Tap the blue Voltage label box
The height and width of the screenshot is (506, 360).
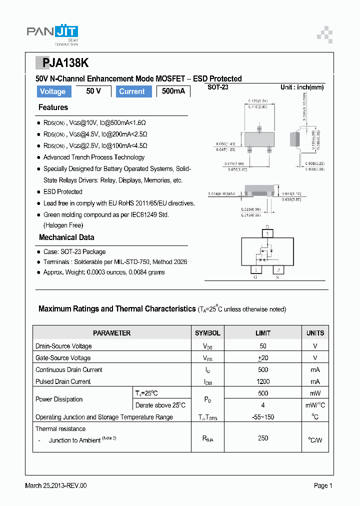pos(53,91)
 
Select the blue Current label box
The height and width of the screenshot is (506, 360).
pos(132,91)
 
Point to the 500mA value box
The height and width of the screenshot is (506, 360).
pos(173,91)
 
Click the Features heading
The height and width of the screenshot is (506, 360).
pos(53,107)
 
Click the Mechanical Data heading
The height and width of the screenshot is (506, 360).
pos(66,237)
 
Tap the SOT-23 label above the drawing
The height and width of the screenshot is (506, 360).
pos(218,87)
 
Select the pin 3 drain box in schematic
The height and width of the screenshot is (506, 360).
pos(267,233)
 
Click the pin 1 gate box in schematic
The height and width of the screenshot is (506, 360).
pos(255,270)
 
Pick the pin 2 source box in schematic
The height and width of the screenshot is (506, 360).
pos(279,270)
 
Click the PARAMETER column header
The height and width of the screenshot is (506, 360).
pos(112,333)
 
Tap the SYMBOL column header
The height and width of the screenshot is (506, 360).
pos(207,333)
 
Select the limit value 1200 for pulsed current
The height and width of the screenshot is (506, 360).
pos(263,381)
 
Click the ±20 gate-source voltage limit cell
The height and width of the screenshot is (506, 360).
pos(263,358)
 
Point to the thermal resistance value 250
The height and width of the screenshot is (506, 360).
pos(263,438)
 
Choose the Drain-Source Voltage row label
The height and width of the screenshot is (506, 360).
pos(63,346)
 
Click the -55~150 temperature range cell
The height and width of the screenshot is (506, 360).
pos(263,417)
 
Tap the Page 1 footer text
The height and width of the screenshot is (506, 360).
pos(323,485)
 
